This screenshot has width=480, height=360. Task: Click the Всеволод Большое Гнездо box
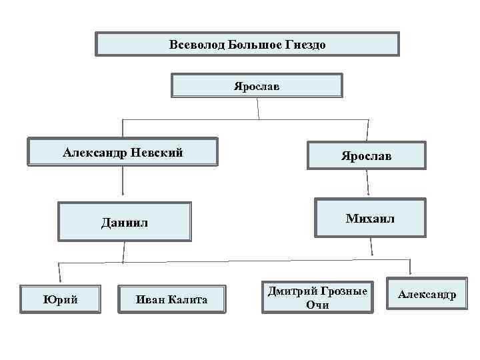(x=247, y=44)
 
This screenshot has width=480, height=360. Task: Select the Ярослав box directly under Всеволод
(x=257, y=86)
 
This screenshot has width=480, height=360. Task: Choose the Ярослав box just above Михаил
(x=366, y=155)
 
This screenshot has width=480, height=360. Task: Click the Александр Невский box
(x=123, y=152)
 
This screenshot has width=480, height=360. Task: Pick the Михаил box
(x=370, y=218)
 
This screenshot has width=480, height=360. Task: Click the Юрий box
(x=61, y=299)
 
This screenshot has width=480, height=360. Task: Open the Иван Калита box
(x=171, y=299)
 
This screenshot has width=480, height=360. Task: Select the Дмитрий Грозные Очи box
(x=317, y=297)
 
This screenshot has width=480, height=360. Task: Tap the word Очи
(x=317, y=305)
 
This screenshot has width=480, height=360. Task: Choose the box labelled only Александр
(x=427, y=294)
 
